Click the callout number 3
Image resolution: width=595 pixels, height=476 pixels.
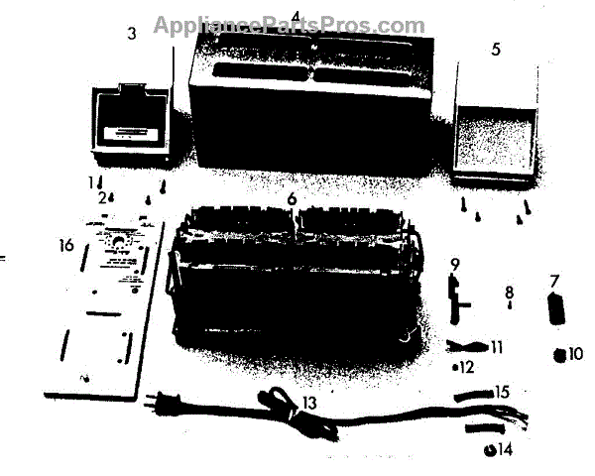coord(132,34)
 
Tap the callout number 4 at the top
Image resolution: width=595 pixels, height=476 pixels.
coord(296,15)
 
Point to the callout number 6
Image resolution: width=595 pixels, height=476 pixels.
coord(292,198)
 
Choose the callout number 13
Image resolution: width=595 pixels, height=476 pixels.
coord(310,402)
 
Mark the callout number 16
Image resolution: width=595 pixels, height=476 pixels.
coord(66,244)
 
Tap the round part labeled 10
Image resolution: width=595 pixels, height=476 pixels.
coord(560,354)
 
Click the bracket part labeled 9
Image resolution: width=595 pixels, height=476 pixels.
coord(457,297)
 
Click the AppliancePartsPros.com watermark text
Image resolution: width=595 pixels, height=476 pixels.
coord(289,26)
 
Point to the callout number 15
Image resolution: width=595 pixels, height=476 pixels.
coord(503,393)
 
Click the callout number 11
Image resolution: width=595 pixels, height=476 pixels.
coord(497,347)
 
